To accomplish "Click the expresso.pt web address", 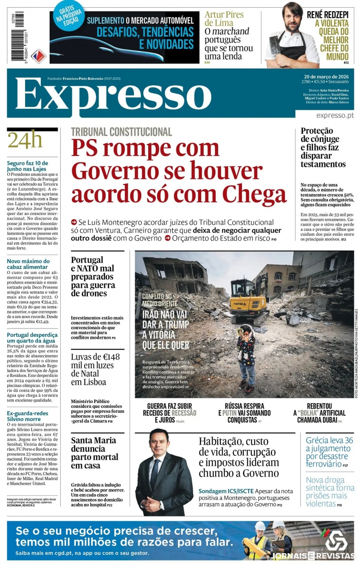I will (x=335, y=116).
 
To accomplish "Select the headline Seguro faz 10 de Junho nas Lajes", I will (x=28, y=166).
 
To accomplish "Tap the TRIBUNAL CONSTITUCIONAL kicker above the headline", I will (x=121, y=132).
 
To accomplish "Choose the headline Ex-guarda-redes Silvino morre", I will (x=28, y=416).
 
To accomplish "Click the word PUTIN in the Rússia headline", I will (x=230, y=413).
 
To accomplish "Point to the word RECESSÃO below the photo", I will (x=184, y=413).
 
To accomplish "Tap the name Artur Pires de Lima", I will (x=224, y=19).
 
